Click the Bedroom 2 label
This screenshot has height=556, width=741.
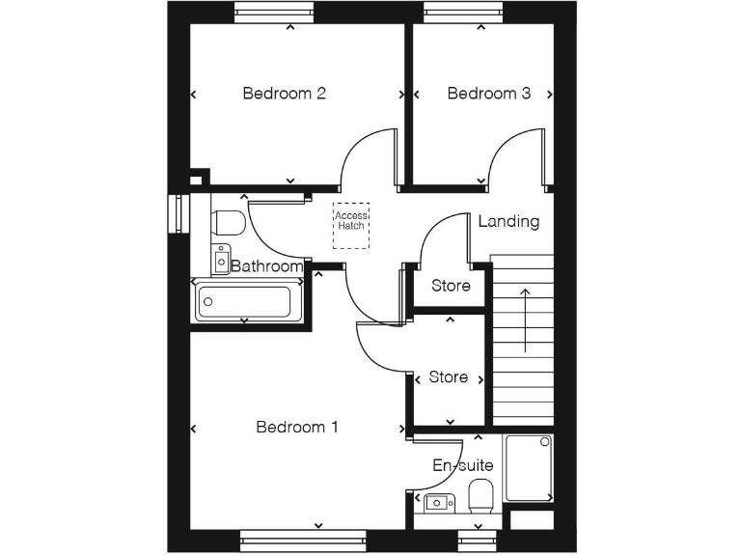tap(284, 94)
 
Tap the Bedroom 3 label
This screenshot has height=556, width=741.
tap(488, 94)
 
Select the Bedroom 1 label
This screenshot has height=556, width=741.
tap(296, 427)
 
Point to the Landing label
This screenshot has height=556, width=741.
tap(508, 221)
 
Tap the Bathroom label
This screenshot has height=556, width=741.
tap(267, 266)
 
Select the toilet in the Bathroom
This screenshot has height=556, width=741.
tap(228, 222)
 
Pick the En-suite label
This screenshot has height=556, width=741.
tap(462, 465)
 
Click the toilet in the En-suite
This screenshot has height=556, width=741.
tap(480, 498)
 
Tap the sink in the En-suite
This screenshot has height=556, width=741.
tap(439, 502)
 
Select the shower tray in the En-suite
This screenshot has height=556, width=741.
tap(529, 468)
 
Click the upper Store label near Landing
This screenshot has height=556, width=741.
tap(451, 286)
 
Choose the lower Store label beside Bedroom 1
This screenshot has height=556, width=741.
tap(448, 377)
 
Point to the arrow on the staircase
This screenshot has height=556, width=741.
tap(525, 320)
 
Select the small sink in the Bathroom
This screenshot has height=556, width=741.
tap(221, 259)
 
